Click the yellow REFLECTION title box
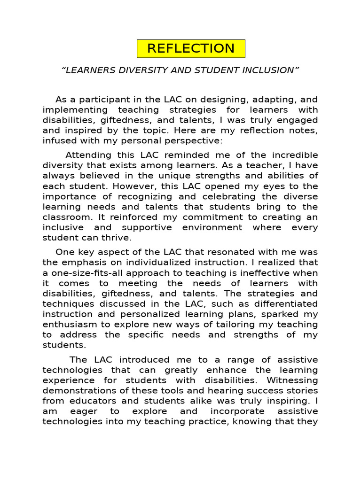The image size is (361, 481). [191, 48]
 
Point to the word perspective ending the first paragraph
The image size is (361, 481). [191, 140]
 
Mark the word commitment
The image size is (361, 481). [208, 217]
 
